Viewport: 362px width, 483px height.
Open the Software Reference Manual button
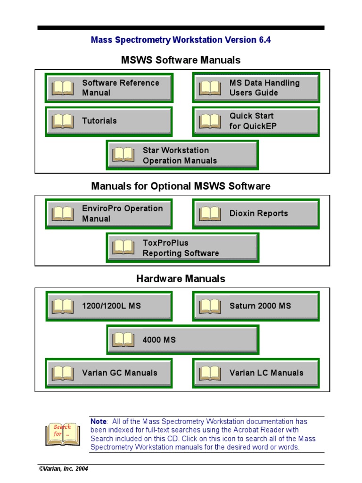(x=109, y=88)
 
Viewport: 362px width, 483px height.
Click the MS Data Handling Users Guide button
(x=256, y=88)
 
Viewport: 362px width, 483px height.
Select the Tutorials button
(x=109, y=121)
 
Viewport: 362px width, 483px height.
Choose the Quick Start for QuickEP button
(x=256, y=121)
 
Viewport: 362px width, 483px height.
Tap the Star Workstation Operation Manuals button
(x=182, y=155)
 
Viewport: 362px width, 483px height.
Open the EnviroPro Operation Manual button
(x=109, y=214)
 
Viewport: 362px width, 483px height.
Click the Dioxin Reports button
(x=256, y=214)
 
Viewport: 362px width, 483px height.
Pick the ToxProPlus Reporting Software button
(x=182, y=248)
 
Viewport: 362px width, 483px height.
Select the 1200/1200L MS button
(x=109, y=306)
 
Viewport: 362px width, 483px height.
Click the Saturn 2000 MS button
(x=256, y=306)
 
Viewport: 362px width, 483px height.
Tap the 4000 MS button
(x=182, y=340)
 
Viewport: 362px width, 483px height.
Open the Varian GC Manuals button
(x=109, y=373)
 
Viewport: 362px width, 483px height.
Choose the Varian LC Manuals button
(x=256, y=373)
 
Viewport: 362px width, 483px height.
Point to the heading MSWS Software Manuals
(x=181, y=60)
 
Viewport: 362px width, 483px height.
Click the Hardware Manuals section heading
(x=181, y=279)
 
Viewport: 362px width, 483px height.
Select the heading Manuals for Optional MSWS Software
(x=181, y=186)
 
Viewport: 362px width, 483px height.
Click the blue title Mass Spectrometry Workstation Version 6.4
(x=181, y=40)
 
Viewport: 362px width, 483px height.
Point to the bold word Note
(x=99, y=421)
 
